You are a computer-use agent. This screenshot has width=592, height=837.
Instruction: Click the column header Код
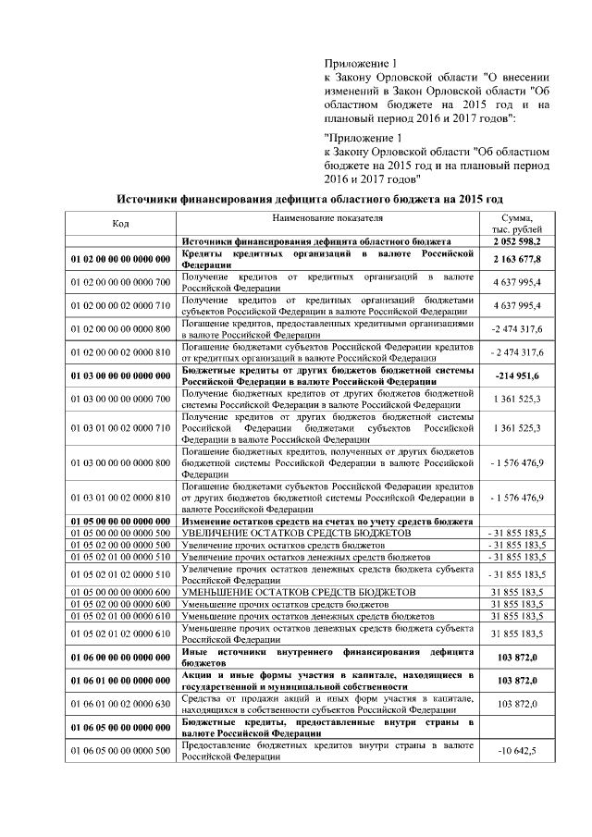pyautogui.click(x=120, y=224)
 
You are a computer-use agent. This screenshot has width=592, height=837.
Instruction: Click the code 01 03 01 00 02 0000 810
pyautogui.click(x=120, y=498)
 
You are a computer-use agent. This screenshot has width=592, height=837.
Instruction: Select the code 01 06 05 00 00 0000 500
pyautogui.click(x=120, y=750)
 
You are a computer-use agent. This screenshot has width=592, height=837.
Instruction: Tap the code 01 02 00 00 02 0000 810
pyautogui.click(x=120, y=353)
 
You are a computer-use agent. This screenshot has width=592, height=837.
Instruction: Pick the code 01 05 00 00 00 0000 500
pyautogui.click(x=120, y=534)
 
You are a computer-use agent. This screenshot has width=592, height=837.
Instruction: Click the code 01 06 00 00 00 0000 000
pyautogui.click(x=120, y=658)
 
